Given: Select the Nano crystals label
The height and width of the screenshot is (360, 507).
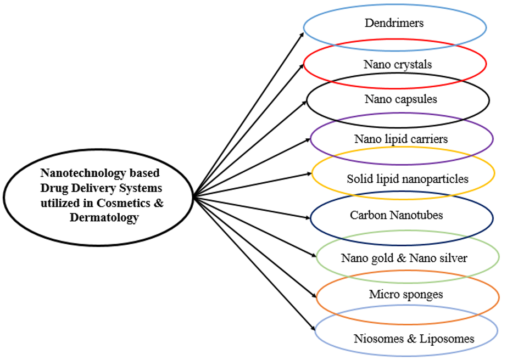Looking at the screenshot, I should coord(398,64).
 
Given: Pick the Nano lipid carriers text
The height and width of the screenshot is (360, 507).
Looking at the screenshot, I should coord(401,139).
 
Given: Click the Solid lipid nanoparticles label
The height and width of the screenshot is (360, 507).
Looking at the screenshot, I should coord(408,179).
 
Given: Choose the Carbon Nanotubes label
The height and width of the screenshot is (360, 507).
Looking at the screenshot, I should coord(397,215).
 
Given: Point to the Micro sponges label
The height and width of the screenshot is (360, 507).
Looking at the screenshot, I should coord(406,295).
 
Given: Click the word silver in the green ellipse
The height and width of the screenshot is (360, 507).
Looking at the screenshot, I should coord(452,257).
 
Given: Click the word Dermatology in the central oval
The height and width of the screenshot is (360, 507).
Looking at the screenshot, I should coord(104,217).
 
